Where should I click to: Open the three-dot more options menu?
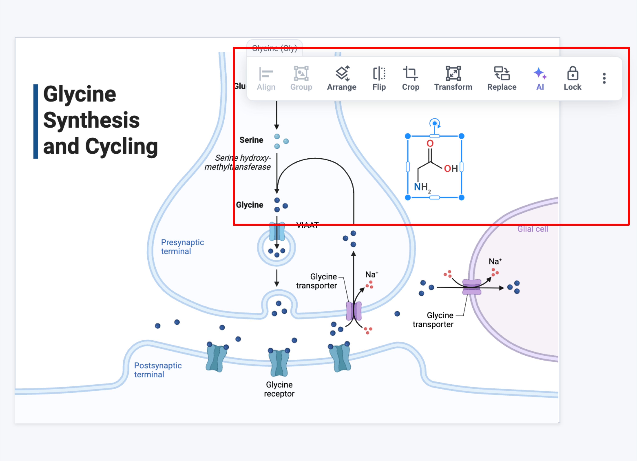point(604,78)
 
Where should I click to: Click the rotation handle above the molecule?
point(435,123)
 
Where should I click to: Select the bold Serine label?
point(251,140)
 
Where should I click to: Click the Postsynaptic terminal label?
point(158,370)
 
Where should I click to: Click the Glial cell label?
point(532,229)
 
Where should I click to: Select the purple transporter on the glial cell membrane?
point(472,287)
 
